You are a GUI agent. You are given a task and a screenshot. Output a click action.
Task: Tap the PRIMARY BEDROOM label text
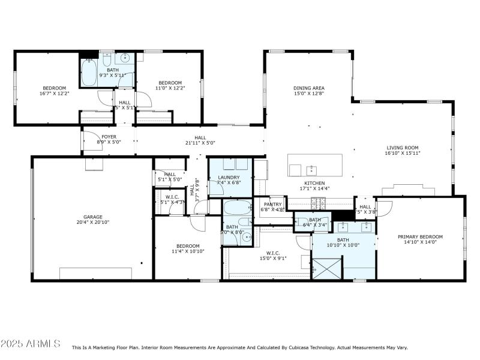(420, 236)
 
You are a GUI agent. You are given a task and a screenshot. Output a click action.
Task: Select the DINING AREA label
(308, 88)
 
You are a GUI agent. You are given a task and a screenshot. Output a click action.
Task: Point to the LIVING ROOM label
(402, 147)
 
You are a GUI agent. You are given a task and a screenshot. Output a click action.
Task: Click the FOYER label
(109, 137)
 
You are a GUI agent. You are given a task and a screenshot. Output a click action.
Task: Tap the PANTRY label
(273, 205)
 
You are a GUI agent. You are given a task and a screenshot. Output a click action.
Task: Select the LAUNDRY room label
(229, 177)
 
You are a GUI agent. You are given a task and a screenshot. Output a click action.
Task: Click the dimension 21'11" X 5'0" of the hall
(200, 143)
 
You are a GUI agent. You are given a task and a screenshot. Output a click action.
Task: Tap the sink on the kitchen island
(311, 169)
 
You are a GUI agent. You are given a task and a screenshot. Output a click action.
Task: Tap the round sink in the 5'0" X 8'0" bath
(247, 237)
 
